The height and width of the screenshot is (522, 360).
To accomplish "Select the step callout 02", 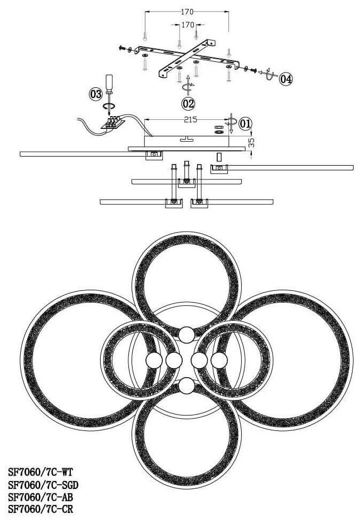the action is click(188, 103).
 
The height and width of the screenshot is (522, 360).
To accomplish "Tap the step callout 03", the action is click(95, 95).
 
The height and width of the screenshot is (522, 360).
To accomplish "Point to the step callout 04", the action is click(285, 79).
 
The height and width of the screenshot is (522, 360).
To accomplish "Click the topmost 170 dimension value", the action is click(187, 11).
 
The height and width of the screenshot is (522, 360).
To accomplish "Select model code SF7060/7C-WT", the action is click(40, 471).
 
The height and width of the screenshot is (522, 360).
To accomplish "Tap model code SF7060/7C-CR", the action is click(40, 509).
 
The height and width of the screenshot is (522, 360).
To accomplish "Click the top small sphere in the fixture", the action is click(186, 335).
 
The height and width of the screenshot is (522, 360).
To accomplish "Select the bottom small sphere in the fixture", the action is click(186, 386).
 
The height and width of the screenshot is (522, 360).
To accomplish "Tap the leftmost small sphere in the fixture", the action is click(153, 361).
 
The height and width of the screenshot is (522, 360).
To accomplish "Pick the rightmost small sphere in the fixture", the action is click(219, 361).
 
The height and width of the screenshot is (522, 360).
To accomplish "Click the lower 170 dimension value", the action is click(188, 25).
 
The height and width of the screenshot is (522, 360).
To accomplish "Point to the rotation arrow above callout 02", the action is click(187, 85).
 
